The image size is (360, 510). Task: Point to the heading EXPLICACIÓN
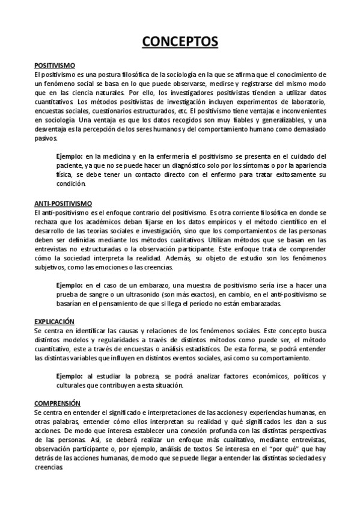click(x=55, y=322)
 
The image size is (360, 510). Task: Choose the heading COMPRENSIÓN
click(x=57, y=403)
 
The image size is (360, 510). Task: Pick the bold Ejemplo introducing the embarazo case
click(x=69, y=285)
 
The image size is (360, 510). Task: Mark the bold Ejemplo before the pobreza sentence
click(x=69, y=376)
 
